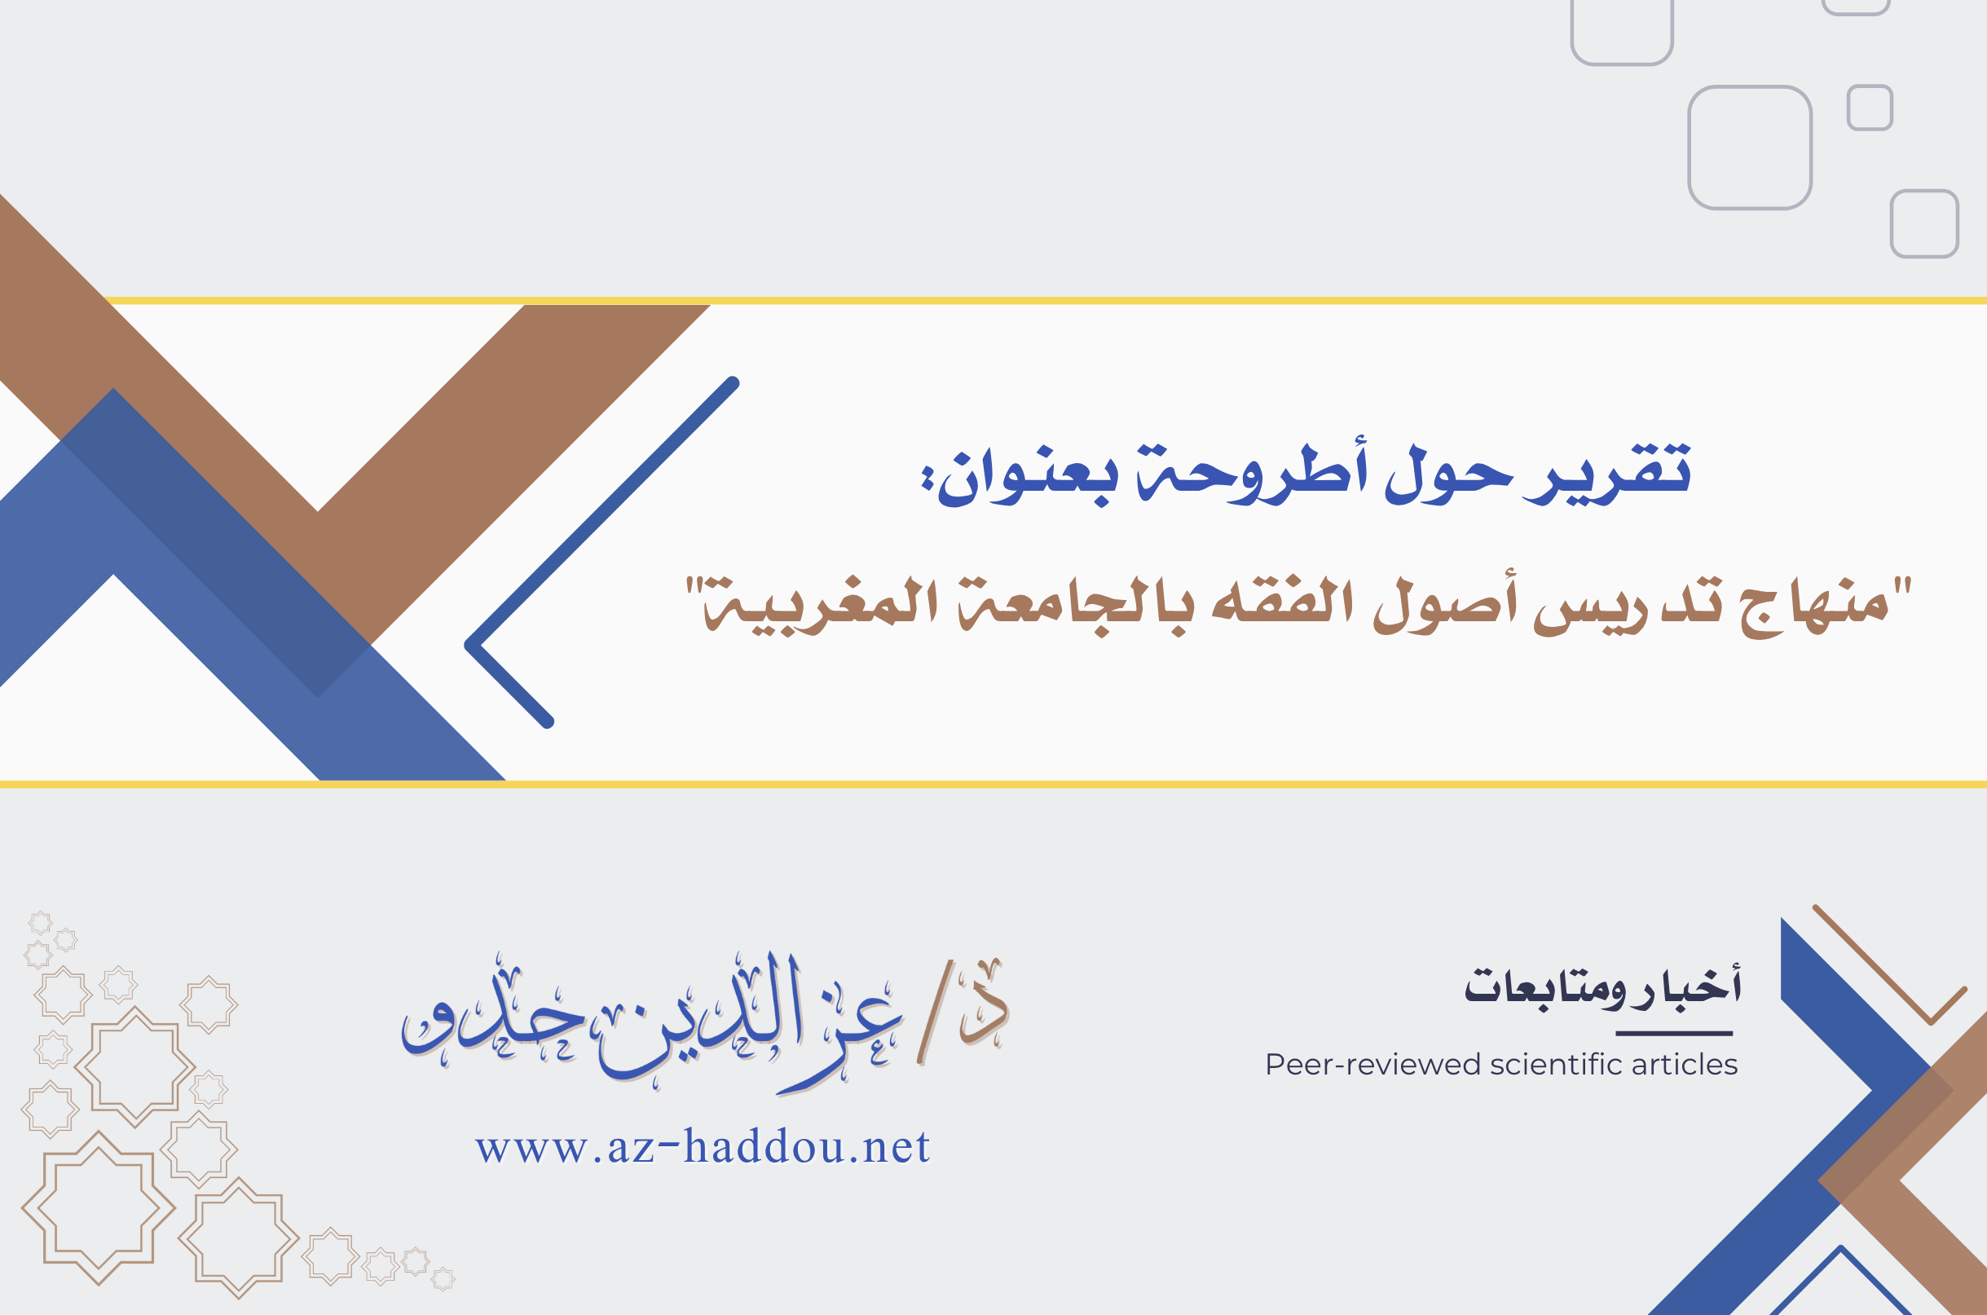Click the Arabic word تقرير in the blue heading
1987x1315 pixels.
1606,474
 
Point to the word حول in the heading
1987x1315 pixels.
1448,474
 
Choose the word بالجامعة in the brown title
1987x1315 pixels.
1073,607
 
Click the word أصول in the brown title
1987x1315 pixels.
1445,607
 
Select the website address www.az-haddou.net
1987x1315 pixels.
703,1146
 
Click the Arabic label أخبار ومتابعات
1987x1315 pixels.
1602,986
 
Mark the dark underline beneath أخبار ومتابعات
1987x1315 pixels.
1674,1033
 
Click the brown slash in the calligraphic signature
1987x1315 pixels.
935,1013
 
